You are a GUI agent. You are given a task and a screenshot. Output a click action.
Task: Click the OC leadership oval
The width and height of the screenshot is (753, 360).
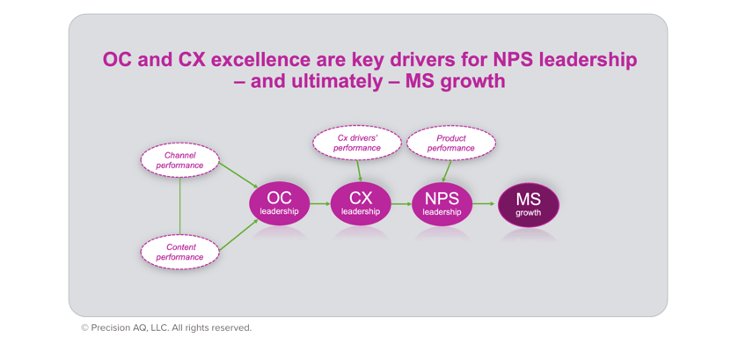pyautogui.click(x=279, y=202)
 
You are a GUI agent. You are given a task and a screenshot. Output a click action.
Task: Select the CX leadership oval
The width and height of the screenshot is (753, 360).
pyautogui.click(x=360, y=202)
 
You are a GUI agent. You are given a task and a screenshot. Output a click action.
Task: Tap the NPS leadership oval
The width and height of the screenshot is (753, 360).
pyautogui.click(x=442, y=202)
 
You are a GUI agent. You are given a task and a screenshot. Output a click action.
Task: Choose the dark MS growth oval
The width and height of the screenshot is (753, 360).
pyautogui.click(x=528, y=203)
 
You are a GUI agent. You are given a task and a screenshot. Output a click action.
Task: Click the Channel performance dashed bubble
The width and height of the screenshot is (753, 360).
pyautogui.click(x=179, y=160)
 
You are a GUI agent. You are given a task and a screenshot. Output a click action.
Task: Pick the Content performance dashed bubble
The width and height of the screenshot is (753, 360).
pyautogui.click(x=179, y=253)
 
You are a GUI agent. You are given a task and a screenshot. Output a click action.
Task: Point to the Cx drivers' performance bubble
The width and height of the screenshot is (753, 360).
pyautogui.click(x=357, y=143)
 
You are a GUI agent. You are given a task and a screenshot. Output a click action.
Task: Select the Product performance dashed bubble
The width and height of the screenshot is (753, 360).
pyautogui.click(x=451, y=143)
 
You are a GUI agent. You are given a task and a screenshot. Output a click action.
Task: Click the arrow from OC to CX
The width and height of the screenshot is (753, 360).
pyautogui.click(x=319, y=203)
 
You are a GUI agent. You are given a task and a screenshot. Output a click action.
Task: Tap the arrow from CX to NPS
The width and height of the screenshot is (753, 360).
pyautogui.click(x=400, y=203)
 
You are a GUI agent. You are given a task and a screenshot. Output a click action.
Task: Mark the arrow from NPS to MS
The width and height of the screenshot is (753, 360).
pyautogui.click(x=483, y=203)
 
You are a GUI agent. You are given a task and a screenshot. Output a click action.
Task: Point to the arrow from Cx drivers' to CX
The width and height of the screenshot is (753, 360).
pyautogui.click(x=359, y=169)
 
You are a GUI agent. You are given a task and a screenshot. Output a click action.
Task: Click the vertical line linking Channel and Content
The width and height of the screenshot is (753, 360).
pyautogui.click(x=179, y=206)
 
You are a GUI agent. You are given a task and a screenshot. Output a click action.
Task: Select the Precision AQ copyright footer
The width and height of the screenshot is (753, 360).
pyautogui.click(x=165, y=327)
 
